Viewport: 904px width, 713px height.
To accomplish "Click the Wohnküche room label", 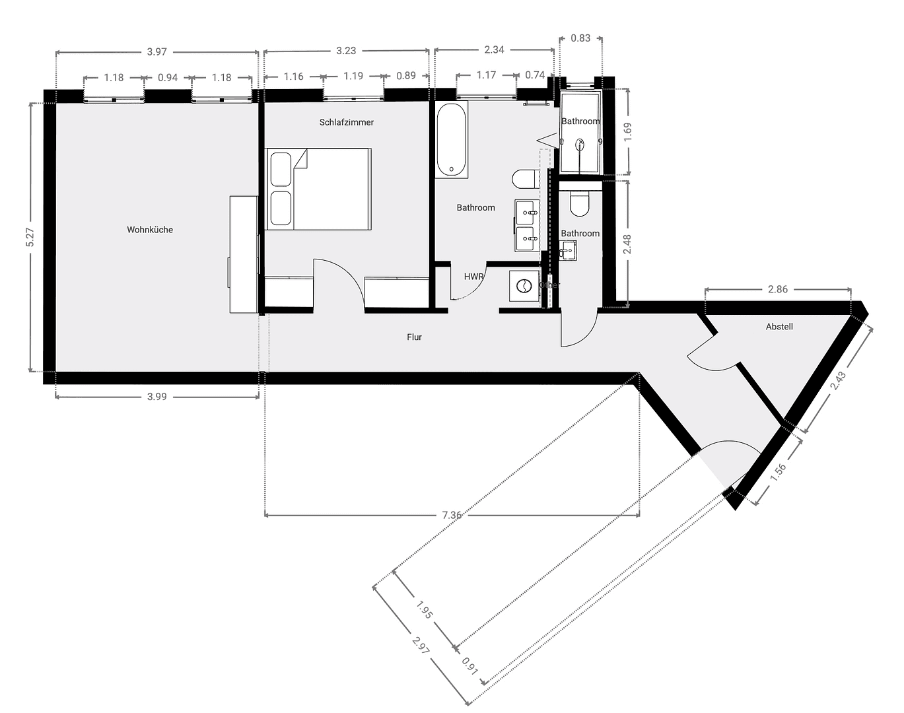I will pyautogui.click(x=150, y=230).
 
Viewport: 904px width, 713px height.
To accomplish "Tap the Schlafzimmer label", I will pyautogui.click(x=346, y=122).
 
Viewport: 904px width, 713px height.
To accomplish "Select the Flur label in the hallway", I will pyautogui.click(x=414, y=337).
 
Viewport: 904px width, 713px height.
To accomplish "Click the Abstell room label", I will pyautogui.click(x=779, y=327).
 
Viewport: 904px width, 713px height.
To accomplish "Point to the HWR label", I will pyautogui.click(x=473, y=277).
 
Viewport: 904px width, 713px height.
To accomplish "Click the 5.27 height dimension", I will pyautogui.click(x=30, y=238).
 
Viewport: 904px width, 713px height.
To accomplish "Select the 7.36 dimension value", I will pyautogui.click(x=452, y=515).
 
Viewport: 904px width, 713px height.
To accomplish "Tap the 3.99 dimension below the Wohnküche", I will pyautogui.click(x=156, y=397).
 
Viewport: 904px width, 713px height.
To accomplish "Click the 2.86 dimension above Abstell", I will pyautogui.click(x=778, y=289).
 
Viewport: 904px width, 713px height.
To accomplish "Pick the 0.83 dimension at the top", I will pyautogui.click(x=580, y=38).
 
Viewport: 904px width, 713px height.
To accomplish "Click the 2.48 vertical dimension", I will pyautogui.click(x=627, y=244).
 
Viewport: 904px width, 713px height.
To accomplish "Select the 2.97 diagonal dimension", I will pyautogui.click(x=420, y=646).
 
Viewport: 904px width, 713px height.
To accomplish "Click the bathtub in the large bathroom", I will pyautogui.click(x=452, y=140).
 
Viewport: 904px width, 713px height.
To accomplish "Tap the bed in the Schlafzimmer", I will pyautogui.click(x=318, y=189).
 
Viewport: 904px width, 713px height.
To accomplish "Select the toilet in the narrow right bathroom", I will pyautogui.click(x=580, y=204).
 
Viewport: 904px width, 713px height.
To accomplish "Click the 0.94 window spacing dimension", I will pyautogui.click(x=168, y=77).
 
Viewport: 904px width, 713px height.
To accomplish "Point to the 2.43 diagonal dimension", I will pyautogui.click(x=838, y=382).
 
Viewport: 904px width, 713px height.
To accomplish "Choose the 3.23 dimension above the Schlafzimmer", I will pyautogui.click(x=346, y=51).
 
